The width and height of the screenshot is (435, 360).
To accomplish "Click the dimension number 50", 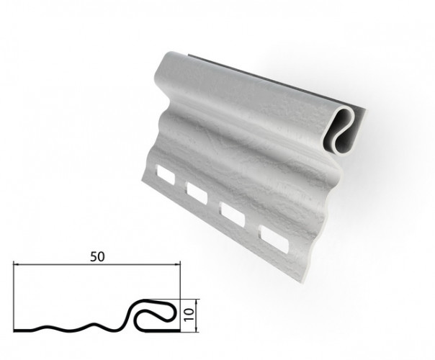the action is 97,256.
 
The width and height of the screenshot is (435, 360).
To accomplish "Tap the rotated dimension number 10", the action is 189,315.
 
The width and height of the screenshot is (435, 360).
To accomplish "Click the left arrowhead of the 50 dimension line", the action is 17,265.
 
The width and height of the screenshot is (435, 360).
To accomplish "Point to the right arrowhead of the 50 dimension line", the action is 177,265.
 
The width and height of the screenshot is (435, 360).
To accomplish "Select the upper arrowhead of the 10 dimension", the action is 197,302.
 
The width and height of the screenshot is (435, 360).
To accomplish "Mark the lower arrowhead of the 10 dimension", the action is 197,328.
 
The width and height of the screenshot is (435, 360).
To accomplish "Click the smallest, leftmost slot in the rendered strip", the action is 166,175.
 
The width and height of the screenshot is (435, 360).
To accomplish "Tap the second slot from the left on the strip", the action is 197,193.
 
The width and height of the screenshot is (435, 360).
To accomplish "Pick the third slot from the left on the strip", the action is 233,215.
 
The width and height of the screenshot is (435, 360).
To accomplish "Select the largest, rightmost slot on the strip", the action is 274,239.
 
